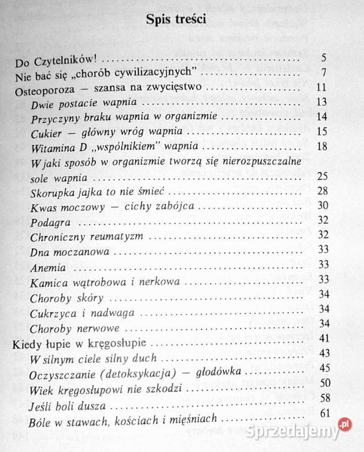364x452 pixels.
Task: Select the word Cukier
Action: (x=45, y=132)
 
